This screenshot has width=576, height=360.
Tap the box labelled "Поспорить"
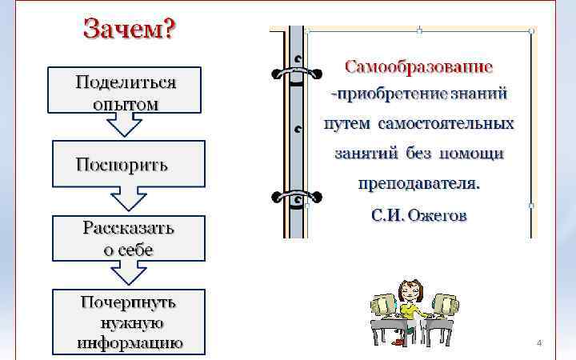click(x=127, y=164)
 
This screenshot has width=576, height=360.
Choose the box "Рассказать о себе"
click(x=128, y=238)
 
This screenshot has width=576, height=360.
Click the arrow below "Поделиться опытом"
click(x=126, y=125)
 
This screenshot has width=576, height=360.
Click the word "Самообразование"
click(x=418, y=65)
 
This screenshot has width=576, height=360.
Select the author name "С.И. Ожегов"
click(x=419, y=216)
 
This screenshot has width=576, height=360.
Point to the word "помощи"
click(x=476, y=154)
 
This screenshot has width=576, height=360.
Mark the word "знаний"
click(x=478, y=94)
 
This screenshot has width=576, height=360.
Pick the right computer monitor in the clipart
click(x=442, y=304)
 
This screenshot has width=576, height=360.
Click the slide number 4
click(x=538, y=343)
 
